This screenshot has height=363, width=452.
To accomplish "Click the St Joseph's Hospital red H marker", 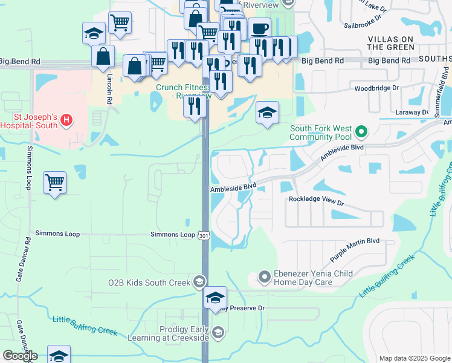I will [x=66, y=120].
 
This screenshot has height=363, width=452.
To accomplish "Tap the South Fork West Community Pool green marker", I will [x=361, y=131].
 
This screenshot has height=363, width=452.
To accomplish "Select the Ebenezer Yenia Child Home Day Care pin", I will [x=263, y=278].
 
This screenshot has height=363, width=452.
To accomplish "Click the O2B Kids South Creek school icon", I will [x=199, y=282].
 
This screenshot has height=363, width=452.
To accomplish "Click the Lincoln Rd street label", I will [x=109, y=90].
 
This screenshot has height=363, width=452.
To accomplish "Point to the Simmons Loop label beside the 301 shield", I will [x=173, y=234].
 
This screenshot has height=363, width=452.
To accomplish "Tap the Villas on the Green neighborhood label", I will [x=391, y=43].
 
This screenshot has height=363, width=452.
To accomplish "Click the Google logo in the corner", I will [x=20, y=356].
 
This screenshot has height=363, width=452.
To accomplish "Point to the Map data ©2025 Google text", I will [x=415, y=358].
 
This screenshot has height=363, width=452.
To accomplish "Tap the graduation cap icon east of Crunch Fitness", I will [x=267, y=113].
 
